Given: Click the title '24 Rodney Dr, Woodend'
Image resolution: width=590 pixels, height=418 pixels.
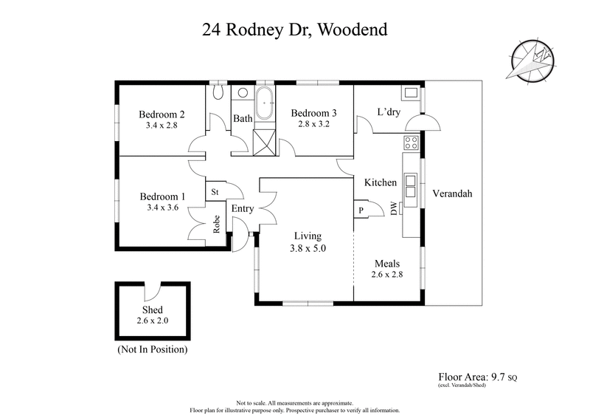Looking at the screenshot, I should coord(295,30).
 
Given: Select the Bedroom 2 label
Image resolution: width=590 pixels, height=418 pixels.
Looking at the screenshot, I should coord(162,114).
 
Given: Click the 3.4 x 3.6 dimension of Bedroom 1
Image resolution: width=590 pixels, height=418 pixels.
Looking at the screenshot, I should coord(162,209).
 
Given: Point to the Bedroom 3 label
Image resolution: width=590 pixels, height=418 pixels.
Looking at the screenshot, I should coord(313,113).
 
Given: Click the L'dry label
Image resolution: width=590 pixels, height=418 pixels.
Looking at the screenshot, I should coord(388,113).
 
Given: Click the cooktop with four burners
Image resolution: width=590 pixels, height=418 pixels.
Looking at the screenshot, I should coord(411,141).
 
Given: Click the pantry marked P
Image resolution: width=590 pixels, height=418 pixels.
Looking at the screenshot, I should coord(361,210).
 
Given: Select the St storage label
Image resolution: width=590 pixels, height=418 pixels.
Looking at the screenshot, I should coord(215,192).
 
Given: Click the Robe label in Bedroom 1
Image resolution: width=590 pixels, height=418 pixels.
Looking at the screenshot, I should coord(218,224).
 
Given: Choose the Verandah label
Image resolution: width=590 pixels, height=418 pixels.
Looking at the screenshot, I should coord(452,193).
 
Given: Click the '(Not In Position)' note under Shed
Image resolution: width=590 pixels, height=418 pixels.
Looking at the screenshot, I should coord(153,349).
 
